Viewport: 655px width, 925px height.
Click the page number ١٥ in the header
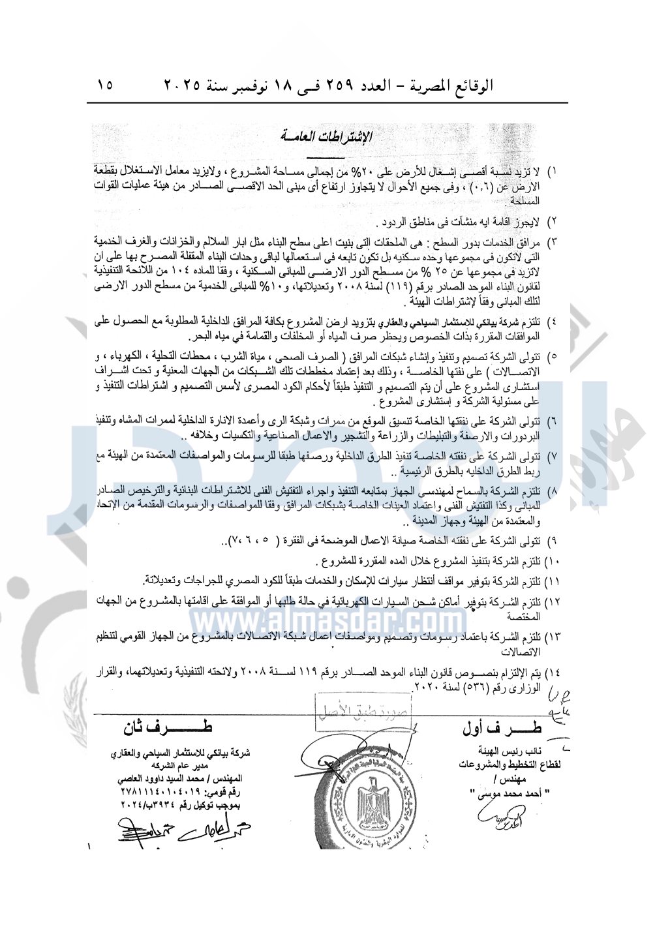(105, 85)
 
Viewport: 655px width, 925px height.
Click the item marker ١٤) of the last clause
(552, 673)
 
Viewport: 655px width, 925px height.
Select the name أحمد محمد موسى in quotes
(506, 793)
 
